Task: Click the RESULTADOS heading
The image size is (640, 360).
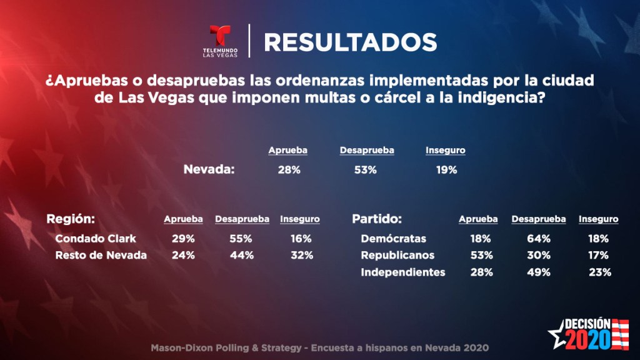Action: coord(350,42)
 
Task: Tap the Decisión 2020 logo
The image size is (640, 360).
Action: coord(588,333)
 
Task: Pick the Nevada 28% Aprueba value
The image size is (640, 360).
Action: coord(288,169)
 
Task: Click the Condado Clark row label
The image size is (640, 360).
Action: coord(96,239)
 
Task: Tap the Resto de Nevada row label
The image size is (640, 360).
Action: coord(101,255)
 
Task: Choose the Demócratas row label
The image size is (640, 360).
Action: coord(394,239)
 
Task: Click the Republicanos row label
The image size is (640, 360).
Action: coord(398,255)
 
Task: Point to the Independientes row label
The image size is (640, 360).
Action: coord(403,272)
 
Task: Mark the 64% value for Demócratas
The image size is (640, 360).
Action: coord(538,239)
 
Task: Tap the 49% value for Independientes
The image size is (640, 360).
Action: coord(538,272)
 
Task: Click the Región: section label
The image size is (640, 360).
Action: coord(71,219)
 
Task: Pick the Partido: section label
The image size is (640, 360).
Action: coord(376,219)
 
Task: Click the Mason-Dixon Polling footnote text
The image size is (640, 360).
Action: coord(319,347)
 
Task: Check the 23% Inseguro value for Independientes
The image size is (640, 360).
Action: coord(599,272)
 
